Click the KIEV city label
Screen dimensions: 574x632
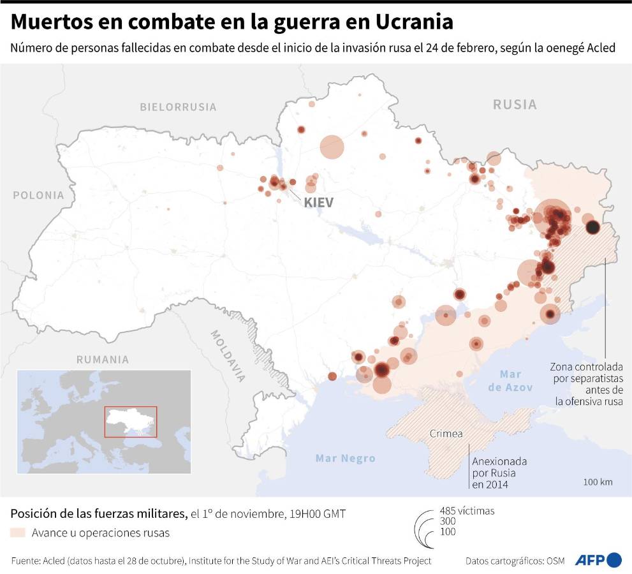point(319,202)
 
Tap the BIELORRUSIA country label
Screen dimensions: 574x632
point(178,107)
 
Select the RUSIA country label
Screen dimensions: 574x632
point(515,104)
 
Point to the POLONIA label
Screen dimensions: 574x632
point(39,195)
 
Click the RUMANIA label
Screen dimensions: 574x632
point(103,359)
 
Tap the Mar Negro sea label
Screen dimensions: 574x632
point(346,458)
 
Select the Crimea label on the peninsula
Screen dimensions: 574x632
point(446,434)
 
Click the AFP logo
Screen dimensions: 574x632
point(598,560)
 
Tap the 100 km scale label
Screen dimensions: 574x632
point(598,482)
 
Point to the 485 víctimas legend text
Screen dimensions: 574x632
point(467,510)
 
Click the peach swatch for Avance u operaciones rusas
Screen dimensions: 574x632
point(18,533)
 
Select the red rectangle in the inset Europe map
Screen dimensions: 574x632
point(131,421)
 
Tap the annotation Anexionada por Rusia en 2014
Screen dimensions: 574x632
point(494,473)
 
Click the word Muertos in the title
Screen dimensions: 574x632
point(52,22)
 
